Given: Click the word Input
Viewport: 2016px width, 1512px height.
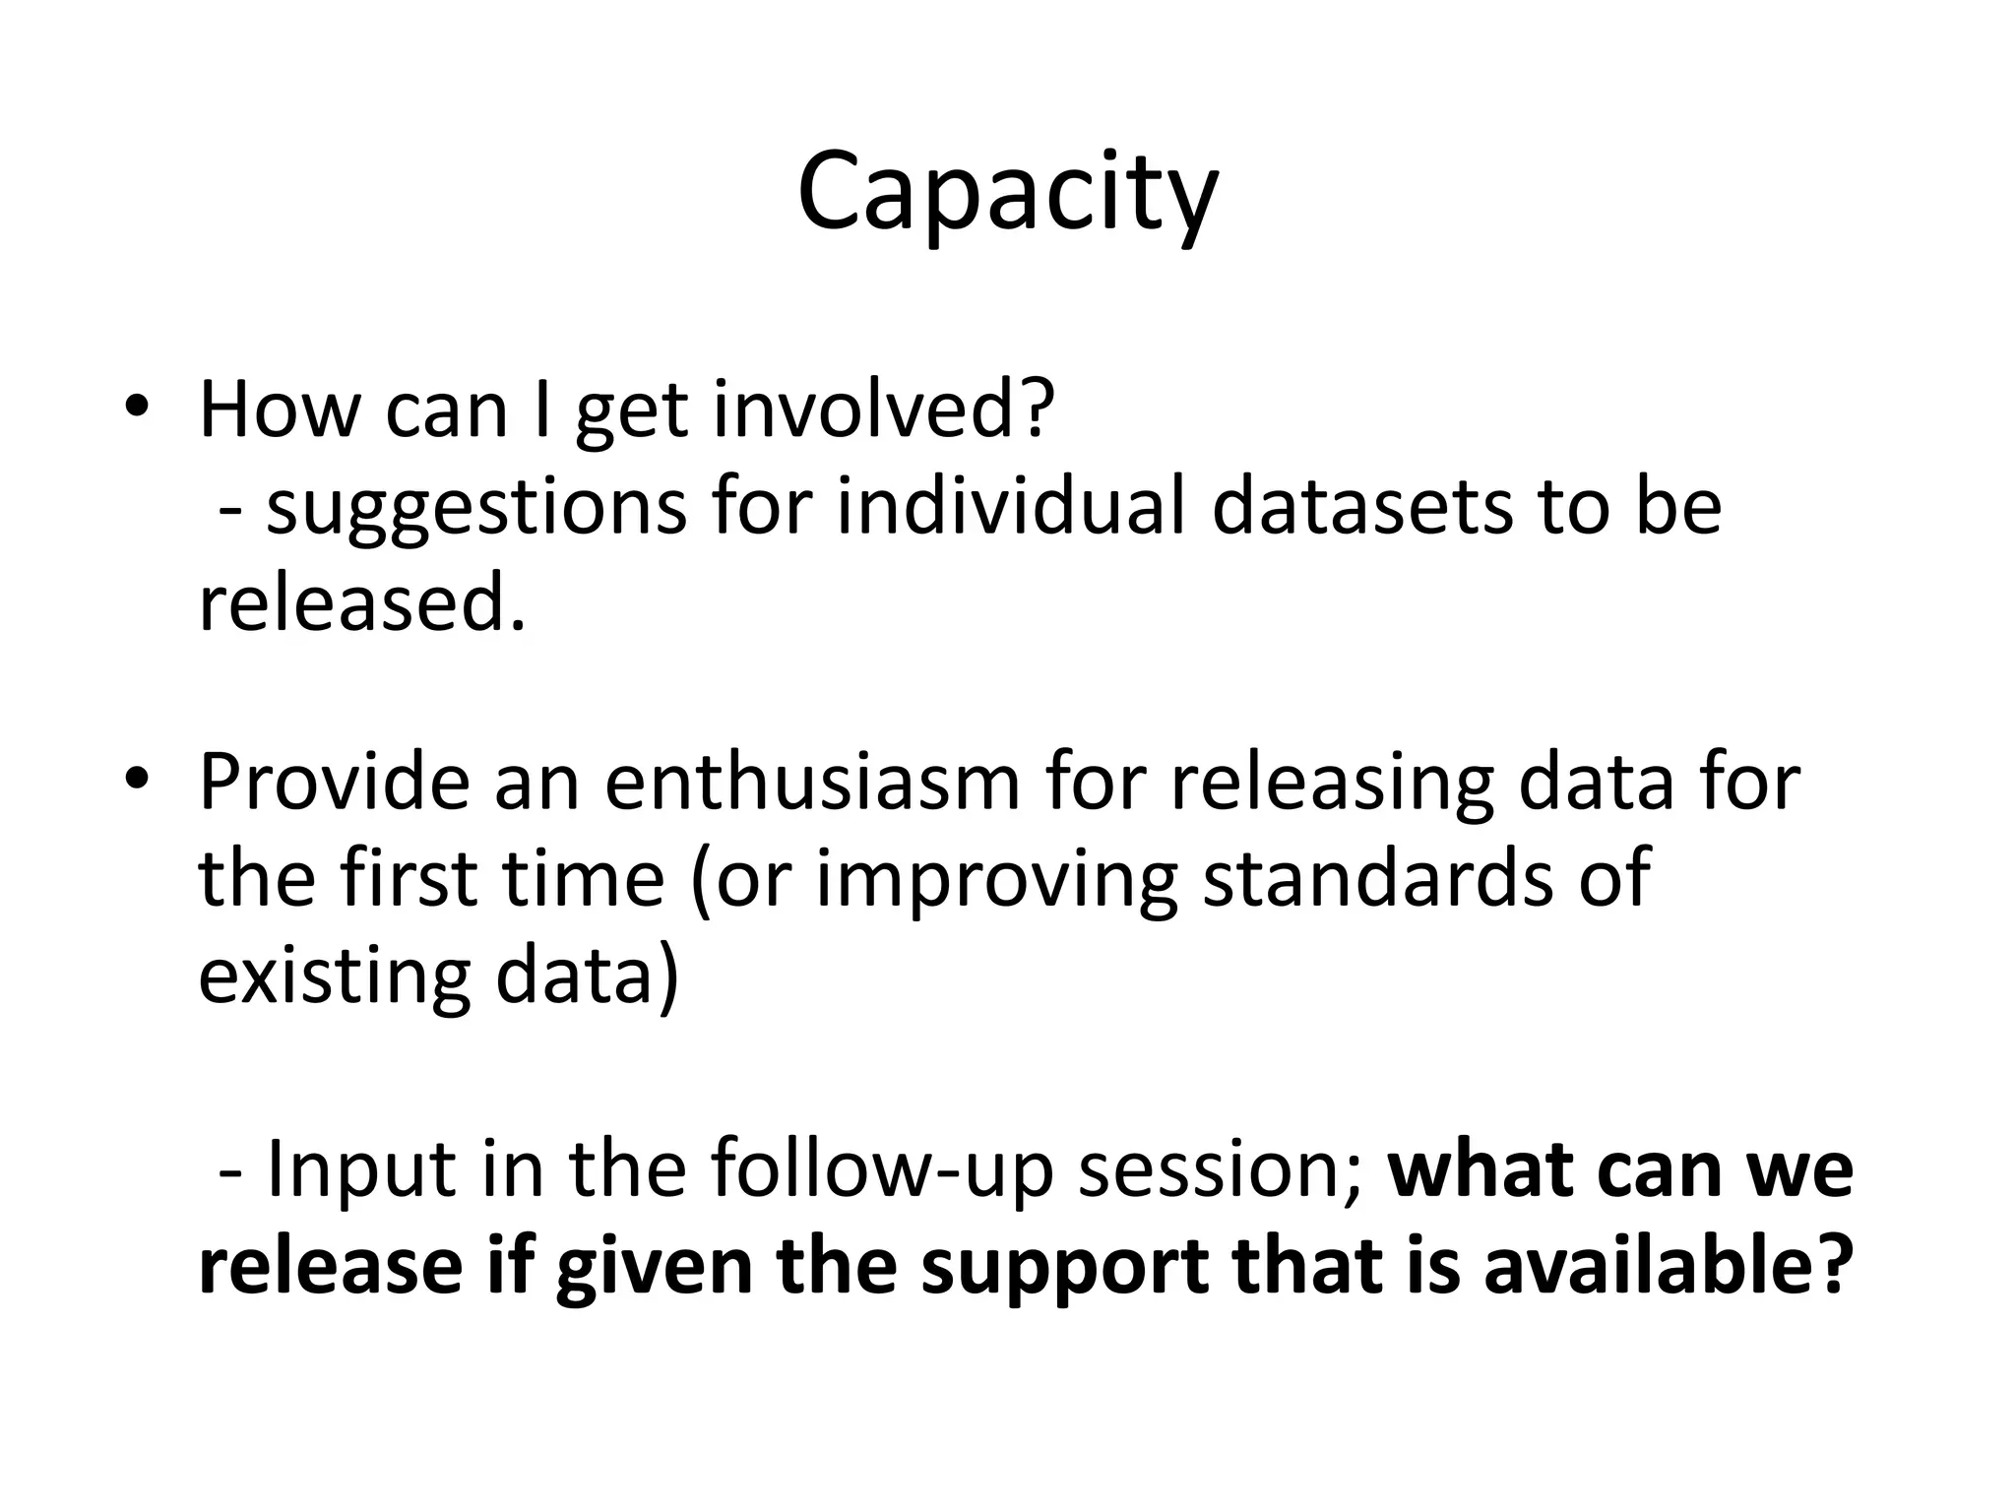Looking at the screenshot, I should [361, 1169].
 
